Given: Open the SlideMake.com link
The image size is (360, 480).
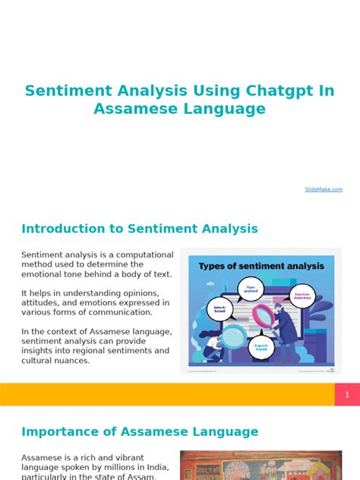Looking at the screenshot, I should coord(324,189).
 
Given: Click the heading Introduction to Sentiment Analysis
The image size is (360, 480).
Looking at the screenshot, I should coord(140,229).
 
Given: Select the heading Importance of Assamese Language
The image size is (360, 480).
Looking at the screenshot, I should coord(140,431).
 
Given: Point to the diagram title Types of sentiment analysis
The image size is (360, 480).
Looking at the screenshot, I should coord(261,266).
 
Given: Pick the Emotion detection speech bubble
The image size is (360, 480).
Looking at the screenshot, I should coord(303,296).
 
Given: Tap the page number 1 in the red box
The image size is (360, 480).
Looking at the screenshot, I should coord(347,395).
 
